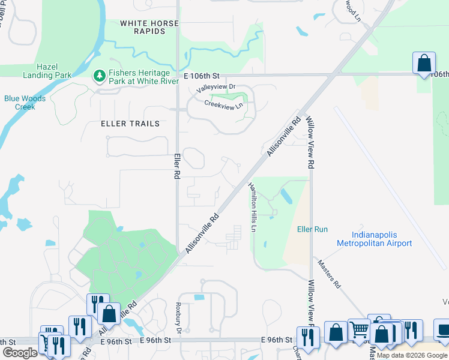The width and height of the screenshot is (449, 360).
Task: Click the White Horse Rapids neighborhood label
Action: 149,27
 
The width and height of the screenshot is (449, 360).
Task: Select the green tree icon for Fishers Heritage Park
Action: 99,76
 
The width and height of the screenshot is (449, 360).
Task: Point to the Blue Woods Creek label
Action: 20,103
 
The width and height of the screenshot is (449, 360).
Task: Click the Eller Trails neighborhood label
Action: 130,124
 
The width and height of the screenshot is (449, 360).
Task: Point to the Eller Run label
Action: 312,229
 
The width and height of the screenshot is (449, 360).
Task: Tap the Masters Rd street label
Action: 329,275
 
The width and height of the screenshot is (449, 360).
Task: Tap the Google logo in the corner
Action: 20,353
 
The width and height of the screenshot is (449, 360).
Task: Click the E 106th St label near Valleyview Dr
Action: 203,76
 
